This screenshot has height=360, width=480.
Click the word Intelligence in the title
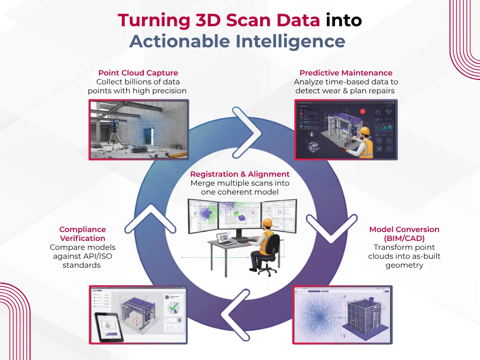pos(290,41)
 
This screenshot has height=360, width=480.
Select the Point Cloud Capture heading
pos(138,73)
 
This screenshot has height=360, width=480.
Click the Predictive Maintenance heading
pos(346,73)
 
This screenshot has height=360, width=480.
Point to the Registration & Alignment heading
pos(240,174)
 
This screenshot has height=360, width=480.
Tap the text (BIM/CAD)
pos(404,238)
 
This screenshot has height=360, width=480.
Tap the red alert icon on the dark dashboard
pos(363,112)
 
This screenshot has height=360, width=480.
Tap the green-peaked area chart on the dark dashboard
pos(386,126)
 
